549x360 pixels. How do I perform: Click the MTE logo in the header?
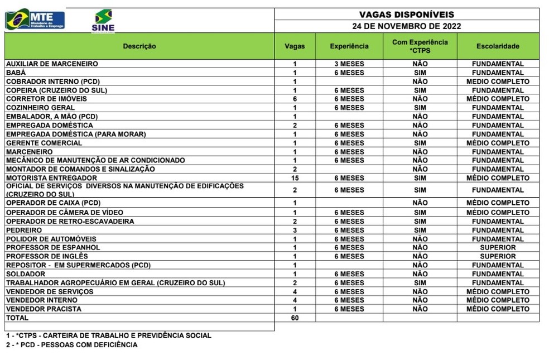[35, 20]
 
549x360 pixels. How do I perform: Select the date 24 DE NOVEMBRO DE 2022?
[406, 26]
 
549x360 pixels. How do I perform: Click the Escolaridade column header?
[498, 46]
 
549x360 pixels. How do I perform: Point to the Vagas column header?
[295, 46]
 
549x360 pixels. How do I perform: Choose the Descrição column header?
[139, 46]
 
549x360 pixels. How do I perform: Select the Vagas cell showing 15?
[295, 178]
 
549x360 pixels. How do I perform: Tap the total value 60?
[295, 318]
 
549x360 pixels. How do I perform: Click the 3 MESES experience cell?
[349, 64]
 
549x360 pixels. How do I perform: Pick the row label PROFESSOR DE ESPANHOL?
[53, 247]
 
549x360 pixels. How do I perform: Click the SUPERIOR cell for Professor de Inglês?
[498, 256]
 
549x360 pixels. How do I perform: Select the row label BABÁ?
[16, 73]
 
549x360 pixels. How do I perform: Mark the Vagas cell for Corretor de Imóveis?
[295, 99]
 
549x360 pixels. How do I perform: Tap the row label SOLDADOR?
[26, 274]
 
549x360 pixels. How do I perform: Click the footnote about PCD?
[71, 345]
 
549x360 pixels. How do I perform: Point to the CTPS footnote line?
[109, 335]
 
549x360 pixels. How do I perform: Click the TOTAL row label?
[17, 318]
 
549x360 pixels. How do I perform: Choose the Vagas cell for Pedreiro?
[295, 230]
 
